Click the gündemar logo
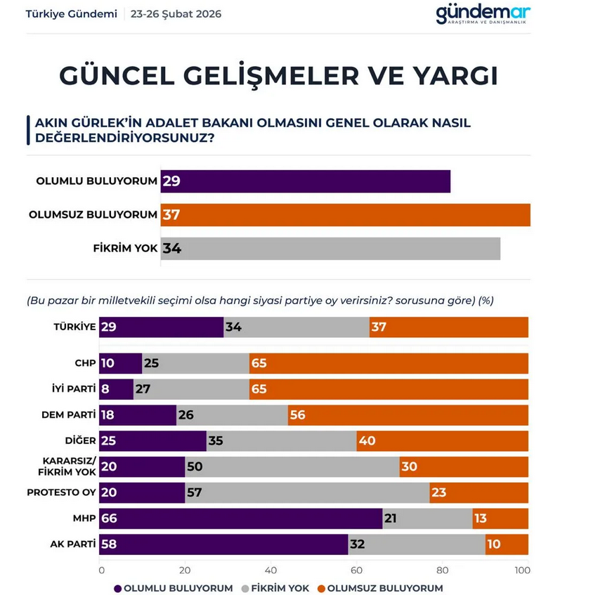pos(483,14)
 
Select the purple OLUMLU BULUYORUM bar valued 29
pos(305,181)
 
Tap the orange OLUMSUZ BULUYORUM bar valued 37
pos(345,214)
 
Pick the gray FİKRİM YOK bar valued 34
pos(330,248)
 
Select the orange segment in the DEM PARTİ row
pos(408,415)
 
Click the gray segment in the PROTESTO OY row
pos(306,492)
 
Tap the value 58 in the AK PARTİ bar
pos(110,544)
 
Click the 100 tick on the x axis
pos(523,570)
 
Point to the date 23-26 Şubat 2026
pos(176,14)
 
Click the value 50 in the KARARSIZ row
pos(194,466)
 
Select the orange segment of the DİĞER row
pos(442,441)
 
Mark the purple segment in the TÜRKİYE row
pos(162,327)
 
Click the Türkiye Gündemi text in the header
pos(71,14)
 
